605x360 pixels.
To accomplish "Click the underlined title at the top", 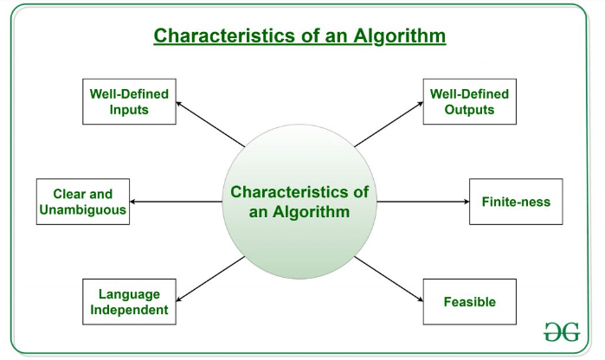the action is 299,35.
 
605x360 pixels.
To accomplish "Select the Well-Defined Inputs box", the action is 129,101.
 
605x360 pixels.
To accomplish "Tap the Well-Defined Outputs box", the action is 470,101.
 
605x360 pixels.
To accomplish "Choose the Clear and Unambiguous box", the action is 83,202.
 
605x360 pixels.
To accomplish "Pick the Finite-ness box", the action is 516,202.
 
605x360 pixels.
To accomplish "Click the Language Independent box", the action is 129,301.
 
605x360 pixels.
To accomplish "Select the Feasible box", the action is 470,301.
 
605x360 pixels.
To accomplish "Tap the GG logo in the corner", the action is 562,331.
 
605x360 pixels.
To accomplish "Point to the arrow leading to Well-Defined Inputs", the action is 210,125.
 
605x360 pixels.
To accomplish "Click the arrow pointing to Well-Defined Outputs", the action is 389,125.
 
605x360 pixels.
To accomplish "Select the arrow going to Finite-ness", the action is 423,202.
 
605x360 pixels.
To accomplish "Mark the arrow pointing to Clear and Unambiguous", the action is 176,202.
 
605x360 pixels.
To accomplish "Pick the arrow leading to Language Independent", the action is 210,279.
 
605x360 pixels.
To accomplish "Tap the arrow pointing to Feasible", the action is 389,279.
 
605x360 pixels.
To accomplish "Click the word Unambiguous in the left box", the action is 83,209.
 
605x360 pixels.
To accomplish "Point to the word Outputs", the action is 470,110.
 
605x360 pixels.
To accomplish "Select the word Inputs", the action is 129,110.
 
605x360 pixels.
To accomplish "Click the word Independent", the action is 129,310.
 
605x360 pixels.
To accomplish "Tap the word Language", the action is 129,294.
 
